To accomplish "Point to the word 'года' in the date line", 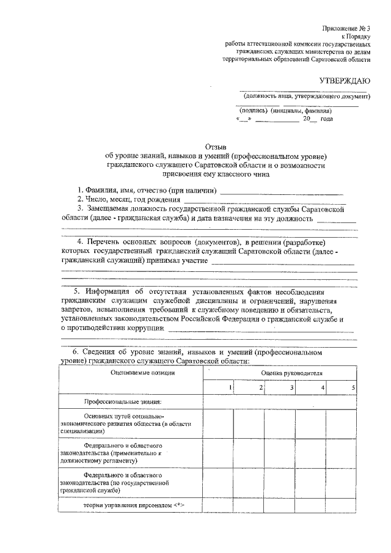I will pyautogui.click(x=326, y=120).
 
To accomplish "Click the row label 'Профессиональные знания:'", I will pyautogui.click(x=123, y=401).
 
